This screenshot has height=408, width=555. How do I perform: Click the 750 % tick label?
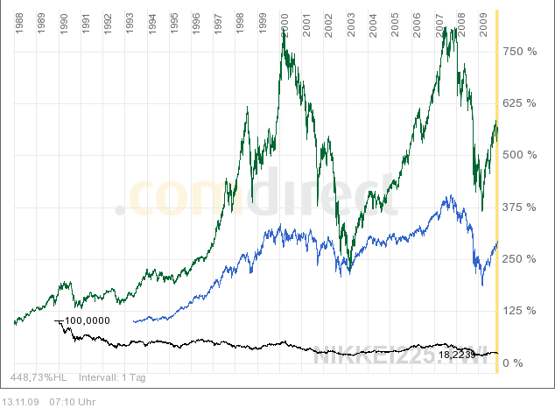pos(518,52)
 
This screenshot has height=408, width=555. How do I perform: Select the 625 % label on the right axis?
pos(518,103)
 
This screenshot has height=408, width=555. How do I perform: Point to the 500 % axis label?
pos(518,155)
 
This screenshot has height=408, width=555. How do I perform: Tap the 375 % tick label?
pos(518,207)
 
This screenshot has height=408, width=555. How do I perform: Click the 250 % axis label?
pos(518,259)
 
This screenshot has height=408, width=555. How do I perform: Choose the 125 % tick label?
pos(518,311)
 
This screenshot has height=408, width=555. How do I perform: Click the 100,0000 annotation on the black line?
pos(87,320)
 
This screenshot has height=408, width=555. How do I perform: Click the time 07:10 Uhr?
pos(68,401)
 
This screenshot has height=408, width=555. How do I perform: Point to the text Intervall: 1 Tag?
pos(112,378)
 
